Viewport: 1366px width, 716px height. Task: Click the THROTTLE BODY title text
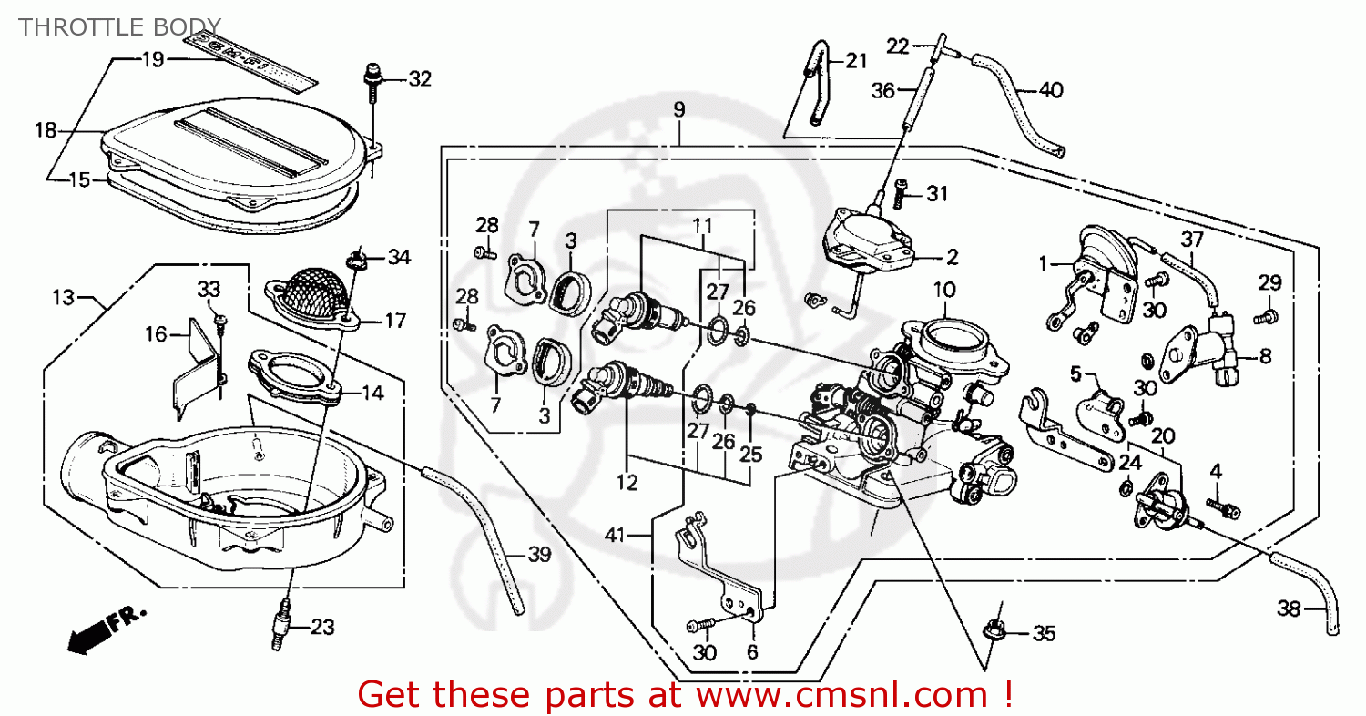(119, 25)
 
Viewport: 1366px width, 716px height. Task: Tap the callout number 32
(419, 79)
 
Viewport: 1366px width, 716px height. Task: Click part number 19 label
(152, 60)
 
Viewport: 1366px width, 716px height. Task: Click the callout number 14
(372, 394)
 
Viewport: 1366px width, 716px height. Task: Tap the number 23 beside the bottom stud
(322, 628)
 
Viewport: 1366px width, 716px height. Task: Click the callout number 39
(539, 555)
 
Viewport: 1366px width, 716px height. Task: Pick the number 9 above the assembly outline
(679, 110)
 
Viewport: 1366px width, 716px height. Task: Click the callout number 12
(627, 483)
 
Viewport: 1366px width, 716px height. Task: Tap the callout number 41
(616, 536)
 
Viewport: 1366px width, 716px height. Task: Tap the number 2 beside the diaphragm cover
(952, 256)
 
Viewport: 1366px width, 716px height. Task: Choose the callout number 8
(1265, 357)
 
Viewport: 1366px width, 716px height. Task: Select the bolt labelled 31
(902, 192)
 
